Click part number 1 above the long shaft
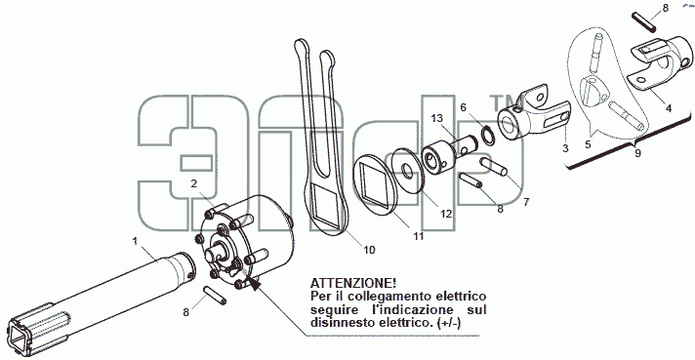click(x=135, y=241)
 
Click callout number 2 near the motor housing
click(x=193, y=183)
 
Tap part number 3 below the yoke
click(x=565, y=148)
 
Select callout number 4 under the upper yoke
click(x=669, y=107)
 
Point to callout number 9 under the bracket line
click(x=637, y=153)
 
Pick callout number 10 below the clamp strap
click(x=369, y=250)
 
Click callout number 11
click(x=419, y=236)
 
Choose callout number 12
click(x=446, y=214)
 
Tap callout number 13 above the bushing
click(x=436, y=118)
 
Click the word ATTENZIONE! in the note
click(x=353, y=283)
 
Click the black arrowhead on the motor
click(x=255, y=284)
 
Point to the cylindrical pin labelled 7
click(x=493, y=167)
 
